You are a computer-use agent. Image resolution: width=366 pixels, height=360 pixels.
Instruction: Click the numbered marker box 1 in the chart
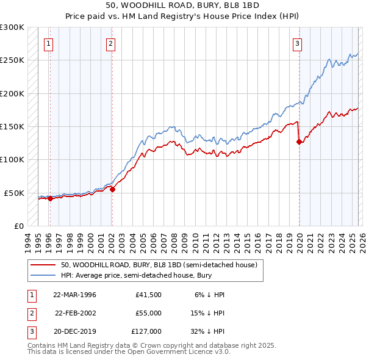48,43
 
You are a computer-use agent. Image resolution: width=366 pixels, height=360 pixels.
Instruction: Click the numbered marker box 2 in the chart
110,43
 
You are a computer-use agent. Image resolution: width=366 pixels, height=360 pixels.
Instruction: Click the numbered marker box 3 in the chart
297,43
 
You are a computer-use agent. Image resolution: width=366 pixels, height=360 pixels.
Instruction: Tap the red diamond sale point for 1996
50,198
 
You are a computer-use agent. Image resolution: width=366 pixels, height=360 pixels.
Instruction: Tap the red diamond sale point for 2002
112,189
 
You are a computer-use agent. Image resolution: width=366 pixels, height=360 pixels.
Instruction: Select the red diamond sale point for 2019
299,142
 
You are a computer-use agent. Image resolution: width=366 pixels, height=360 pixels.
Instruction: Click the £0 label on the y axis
18,226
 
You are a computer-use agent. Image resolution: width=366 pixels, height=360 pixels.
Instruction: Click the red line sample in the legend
43,265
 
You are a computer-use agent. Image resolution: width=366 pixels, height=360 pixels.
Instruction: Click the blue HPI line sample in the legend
43,276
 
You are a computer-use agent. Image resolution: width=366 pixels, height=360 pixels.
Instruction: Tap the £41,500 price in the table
149,295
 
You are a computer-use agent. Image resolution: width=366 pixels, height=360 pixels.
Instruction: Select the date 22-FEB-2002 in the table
75,313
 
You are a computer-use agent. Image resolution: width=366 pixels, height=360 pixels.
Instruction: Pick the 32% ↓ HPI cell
207,331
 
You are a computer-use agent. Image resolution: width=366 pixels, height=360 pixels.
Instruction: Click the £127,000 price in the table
147,331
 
